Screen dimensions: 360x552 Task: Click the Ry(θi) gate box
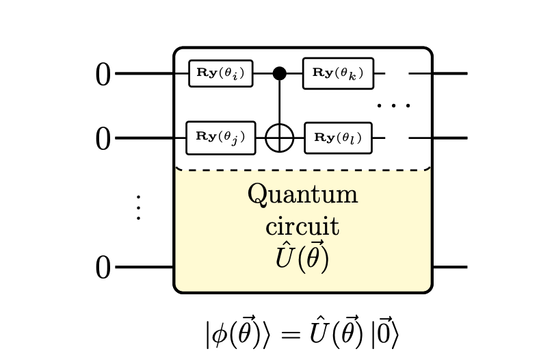coord(220,73)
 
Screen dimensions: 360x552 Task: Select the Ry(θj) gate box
coord(220,138)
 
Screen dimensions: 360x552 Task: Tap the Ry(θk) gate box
coord(339,73)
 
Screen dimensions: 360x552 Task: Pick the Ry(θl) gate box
coord(338,138)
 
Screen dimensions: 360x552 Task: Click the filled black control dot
coord(279,73)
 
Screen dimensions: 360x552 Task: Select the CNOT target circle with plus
coord(279,138)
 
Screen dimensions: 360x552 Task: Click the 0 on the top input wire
coord(103,75)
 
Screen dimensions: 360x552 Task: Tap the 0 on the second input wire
coord(103,140)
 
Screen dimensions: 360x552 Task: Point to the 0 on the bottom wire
coord(103,268)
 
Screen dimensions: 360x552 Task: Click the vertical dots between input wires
coord(138,207)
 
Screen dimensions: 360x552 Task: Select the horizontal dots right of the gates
coord(393,106)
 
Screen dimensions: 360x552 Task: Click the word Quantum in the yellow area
coord(302,194)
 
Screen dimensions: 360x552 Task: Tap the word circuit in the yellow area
coord(302,226)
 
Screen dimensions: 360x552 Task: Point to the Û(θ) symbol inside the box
coord(302,258)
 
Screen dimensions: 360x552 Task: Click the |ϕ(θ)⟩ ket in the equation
coord(239,334)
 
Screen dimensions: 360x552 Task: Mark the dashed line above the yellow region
coord(302,170)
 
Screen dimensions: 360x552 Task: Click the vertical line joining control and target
coord(279,103)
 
